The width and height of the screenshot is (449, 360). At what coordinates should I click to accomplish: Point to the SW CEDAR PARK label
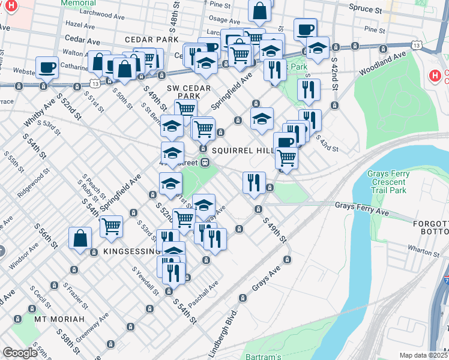point(183,92)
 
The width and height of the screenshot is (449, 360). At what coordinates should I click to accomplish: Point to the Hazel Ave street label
point(81,25)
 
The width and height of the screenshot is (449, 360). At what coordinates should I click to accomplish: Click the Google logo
point(20,353)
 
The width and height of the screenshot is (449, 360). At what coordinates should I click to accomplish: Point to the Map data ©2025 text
point(424,355)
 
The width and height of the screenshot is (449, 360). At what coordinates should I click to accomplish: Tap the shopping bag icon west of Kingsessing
point(80,238)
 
